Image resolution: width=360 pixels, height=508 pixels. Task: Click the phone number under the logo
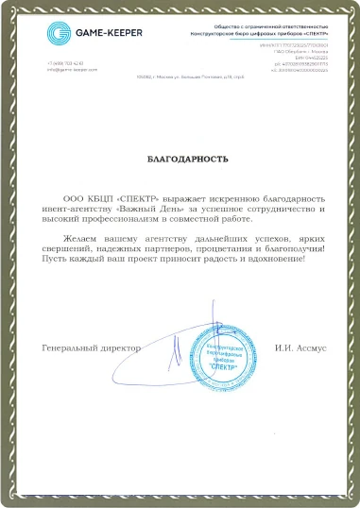(x=64, y=62)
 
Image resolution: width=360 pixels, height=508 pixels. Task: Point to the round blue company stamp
(x=220, y=350)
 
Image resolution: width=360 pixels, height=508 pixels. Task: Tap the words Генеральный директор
(x=91, y=347)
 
